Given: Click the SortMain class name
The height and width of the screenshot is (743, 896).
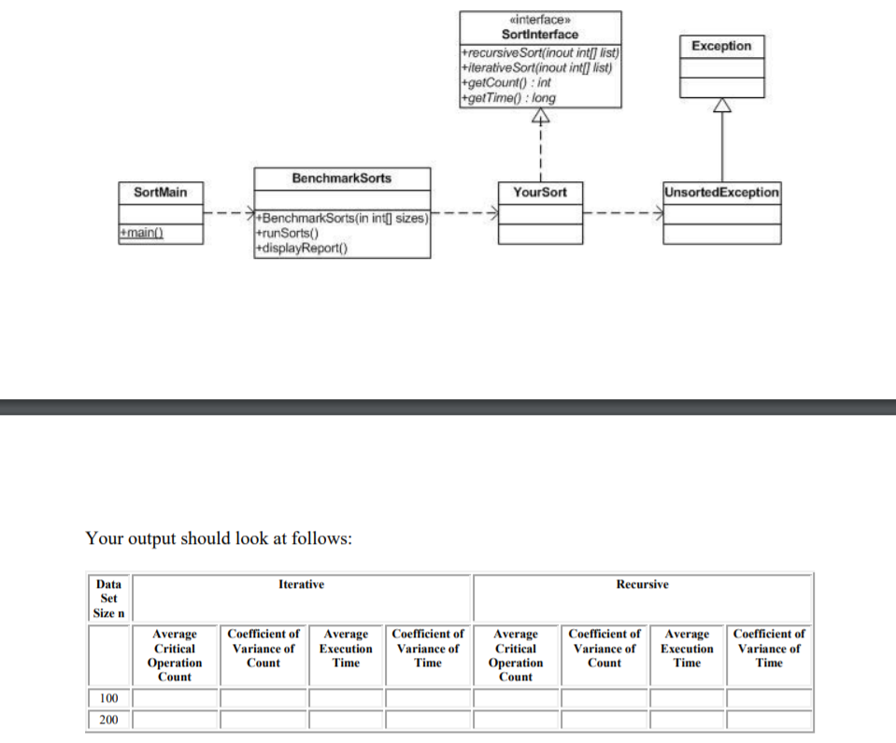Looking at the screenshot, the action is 160,192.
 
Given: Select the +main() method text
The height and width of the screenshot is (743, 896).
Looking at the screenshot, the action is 141,233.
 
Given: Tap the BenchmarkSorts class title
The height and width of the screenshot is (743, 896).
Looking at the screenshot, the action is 342,178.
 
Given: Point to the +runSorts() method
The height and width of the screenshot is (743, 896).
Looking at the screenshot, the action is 287,234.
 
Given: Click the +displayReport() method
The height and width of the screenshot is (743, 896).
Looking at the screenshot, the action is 301,248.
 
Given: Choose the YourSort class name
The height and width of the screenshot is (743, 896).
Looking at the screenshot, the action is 540,192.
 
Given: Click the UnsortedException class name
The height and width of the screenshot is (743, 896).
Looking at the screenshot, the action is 721,192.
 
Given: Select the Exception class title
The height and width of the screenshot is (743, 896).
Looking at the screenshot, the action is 721,46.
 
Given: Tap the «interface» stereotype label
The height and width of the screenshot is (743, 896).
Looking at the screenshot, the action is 540,20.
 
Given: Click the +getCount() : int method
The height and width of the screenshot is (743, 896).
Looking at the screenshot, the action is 506,83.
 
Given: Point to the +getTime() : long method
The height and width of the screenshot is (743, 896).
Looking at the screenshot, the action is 508,98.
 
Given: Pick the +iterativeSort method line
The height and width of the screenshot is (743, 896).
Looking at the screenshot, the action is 537,68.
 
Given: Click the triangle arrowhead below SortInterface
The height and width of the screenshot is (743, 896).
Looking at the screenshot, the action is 540,116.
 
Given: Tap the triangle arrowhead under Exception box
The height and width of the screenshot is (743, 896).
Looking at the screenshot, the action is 721,106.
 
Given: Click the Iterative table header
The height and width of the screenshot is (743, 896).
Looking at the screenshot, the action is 301,584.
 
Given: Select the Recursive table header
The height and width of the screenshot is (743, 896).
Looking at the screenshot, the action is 642,584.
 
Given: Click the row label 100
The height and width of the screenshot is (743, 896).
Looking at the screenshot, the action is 108,698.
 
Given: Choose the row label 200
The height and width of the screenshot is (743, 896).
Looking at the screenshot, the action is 108,720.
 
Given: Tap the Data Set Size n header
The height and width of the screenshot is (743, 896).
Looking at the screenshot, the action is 108,598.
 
